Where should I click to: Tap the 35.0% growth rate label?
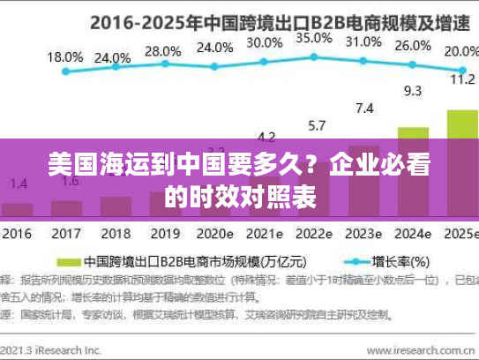314,39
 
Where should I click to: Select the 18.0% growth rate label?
64,56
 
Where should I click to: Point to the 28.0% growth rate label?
162,51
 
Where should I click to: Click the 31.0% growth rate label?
363,41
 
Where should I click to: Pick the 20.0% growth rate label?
460,51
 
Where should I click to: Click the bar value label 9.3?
412,91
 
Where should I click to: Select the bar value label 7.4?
363,109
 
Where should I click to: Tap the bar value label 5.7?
315,125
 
